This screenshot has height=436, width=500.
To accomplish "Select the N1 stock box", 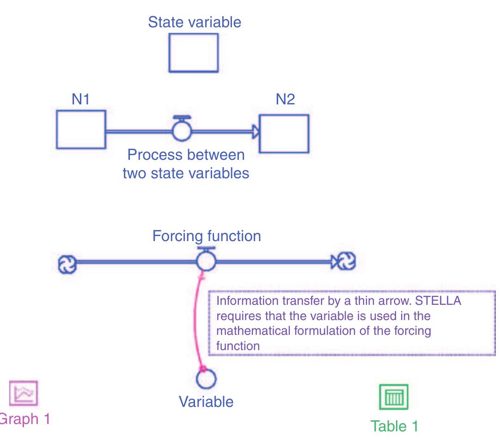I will (x=81, y=129).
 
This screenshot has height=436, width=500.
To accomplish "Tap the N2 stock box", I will (x=284, y=133).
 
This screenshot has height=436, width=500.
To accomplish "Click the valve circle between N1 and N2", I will (x=181, y=131).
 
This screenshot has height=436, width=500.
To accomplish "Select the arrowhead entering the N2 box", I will (x=255, y=132).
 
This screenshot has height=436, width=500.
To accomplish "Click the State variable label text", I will (x=194, y=23).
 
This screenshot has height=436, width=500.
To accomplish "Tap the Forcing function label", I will (x=207, y=236).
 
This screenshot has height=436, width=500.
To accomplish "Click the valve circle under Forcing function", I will (x=206, y=262).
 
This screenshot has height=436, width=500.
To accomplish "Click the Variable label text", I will (x=206, y=401).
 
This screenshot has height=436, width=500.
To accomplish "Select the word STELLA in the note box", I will (x=441, y=301).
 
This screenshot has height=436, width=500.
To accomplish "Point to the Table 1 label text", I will (x=394, y=425).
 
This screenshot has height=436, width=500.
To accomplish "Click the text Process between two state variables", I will (x=186, y=164).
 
